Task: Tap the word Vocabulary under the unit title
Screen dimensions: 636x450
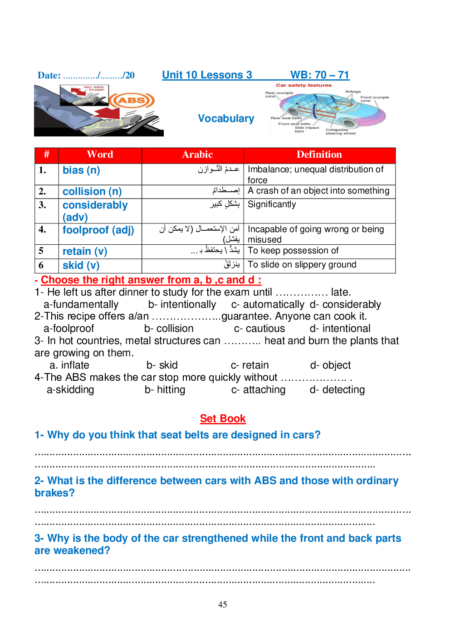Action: [226, 118]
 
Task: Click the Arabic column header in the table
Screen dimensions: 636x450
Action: [197, 155]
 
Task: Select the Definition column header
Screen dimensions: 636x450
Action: [319, 155]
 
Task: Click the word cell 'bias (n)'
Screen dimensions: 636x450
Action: [81, 170]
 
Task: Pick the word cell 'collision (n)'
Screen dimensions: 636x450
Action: [92, 191]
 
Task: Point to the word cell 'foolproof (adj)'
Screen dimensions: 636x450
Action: [98, 230]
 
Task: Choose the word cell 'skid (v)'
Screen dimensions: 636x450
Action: [81, 265]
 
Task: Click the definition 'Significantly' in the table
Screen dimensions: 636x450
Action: [272, 204]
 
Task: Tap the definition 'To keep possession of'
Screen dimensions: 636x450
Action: [293, 251]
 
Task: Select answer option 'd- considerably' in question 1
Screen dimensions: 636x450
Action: [345, 305]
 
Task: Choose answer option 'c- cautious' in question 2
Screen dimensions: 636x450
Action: [259, 329]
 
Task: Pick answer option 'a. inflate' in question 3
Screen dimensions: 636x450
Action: [69, 365]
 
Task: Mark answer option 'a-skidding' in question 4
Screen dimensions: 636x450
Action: [70, 390]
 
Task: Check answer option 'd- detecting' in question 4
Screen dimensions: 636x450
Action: [337, 390]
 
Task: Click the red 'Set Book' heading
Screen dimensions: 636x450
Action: [223, 418]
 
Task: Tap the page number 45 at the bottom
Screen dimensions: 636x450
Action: [222, 604]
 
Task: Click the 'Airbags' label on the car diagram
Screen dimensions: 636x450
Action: [353, 92]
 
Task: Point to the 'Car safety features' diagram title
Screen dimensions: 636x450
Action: [303, 85]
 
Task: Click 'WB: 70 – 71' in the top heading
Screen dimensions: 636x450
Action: [320, 75]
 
